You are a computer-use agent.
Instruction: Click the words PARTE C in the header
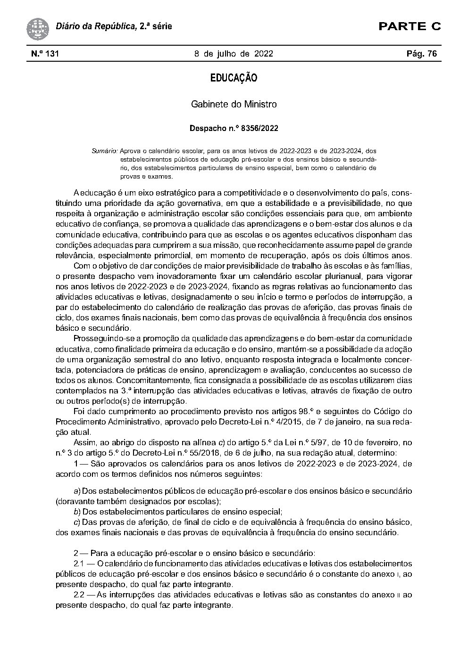coord(409,26)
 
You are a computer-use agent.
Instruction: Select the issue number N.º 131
coord(45,54)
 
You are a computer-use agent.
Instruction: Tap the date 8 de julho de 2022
coord(234,54)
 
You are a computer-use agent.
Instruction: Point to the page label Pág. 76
coord(421,54)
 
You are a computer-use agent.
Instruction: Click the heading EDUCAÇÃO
coord(234,78)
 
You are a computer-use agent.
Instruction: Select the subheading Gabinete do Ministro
coord(234,104)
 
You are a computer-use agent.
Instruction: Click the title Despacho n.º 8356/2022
coord(234,128)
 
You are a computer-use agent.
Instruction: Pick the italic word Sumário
coord(105,151)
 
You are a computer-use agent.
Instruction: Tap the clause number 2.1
coord(79,563)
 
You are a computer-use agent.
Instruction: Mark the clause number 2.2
coord(79,595)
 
